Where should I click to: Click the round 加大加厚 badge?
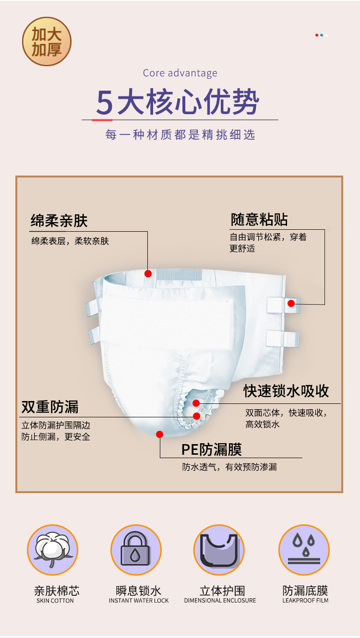47,41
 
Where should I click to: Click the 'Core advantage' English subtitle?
180,73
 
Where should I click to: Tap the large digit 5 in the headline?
104,101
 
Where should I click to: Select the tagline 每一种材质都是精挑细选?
180,135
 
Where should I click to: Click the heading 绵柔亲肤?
59,221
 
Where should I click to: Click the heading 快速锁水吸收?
286,390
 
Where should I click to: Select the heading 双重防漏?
50,407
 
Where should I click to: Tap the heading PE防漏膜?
211,449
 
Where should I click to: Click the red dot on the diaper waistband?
148,273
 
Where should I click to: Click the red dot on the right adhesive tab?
291,303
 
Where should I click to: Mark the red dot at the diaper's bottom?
160,434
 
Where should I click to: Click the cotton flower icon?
52,550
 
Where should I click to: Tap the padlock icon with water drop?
136,550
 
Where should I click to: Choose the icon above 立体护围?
219,550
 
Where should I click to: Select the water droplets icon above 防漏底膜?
304,550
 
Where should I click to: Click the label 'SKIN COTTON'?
55,601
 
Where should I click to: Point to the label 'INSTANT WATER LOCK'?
139,601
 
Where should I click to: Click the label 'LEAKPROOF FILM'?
305,601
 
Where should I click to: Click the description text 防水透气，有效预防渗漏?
229,467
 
